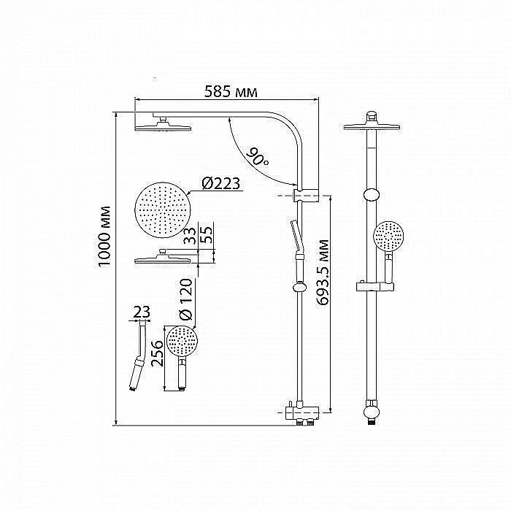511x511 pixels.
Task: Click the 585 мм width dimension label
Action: pyautogui.click(x=231, y=91)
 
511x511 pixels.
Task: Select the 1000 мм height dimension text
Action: pyautogui.click(x=104, y=237)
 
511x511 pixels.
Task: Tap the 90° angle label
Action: pyautogui.click(x=257, y=157)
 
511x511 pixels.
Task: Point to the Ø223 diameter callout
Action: pyautogui.click(x=220, y=183)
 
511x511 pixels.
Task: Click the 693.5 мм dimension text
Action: pyautogui.click(x=323, y=272)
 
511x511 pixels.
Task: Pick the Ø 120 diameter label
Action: pyautogui.click(x=186, y=299)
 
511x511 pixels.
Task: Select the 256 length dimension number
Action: pyautogui.click(x=157, y=353)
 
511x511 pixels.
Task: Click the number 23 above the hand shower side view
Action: pyautogui.click(x=142, y=312)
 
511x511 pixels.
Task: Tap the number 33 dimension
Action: pyautogui.click(x=190, y=236)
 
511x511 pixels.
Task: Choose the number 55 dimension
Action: pyautogui.click(x=206, y=234)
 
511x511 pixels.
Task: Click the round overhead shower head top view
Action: pyautogui.click(x=162, y=210)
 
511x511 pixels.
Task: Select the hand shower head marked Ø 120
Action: pyautogui.click(x=182, y=341)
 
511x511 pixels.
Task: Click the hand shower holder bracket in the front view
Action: pyautogui.click(x=374, y=286)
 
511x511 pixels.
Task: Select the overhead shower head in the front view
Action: pyautogui.click(x=372, y=126)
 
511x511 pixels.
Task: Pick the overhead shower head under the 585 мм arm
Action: pyautogui.click(x=163, y=126)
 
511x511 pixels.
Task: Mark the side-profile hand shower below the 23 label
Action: pyautogui.click(x=139, y=356)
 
